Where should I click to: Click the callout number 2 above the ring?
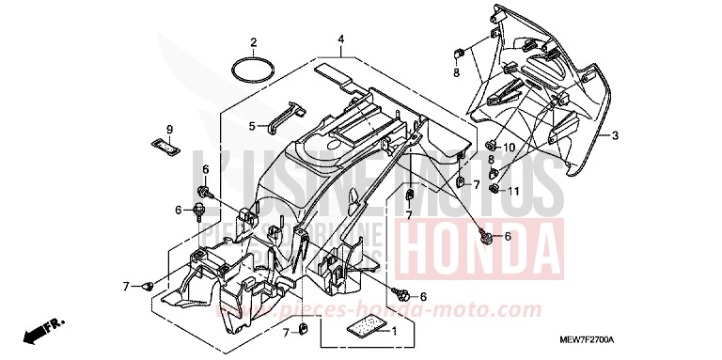coord(253,42)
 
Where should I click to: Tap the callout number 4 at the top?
coord(341,39)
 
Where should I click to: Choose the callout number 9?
coord(170,129)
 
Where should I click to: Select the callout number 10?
coord(509,148)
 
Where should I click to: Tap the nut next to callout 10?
coord(491,145)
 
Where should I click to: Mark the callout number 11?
coord(514,191)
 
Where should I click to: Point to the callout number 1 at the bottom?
coord(393,331)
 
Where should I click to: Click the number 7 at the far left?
coord(125,285)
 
